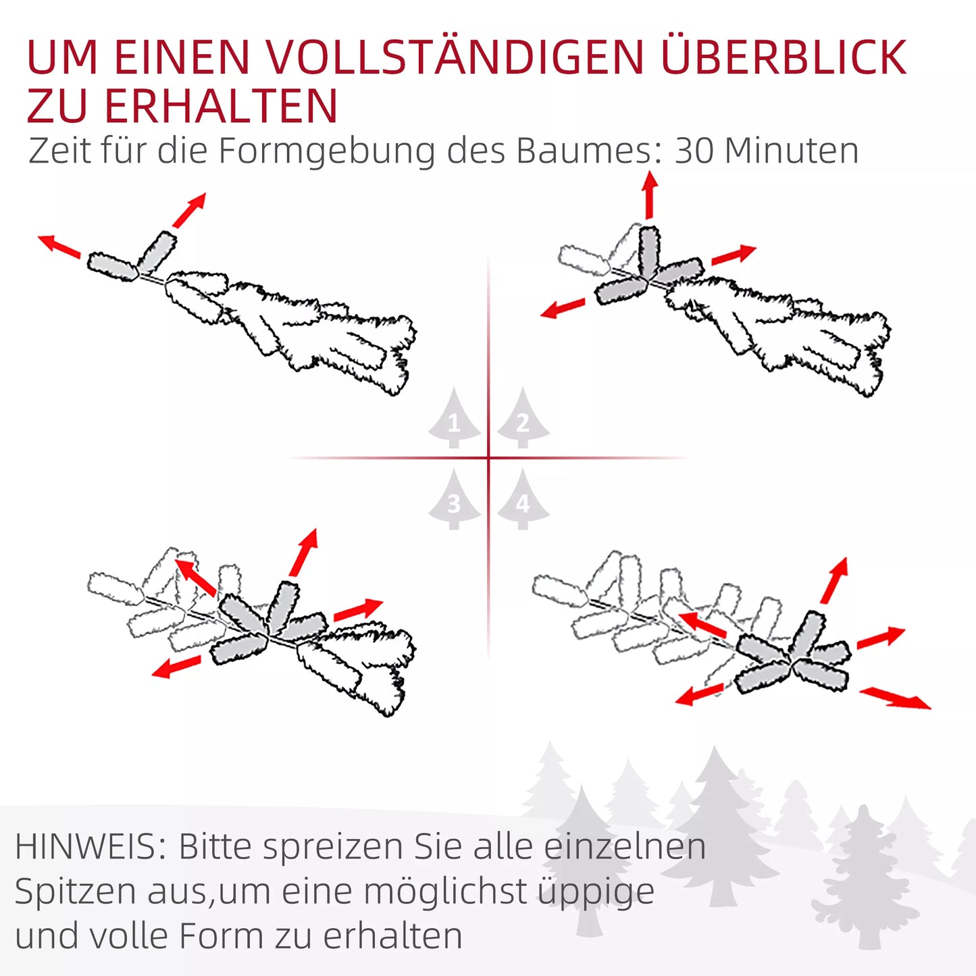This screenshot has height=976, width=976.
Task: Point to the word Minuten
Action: pyautogui.click(x=792, y=151)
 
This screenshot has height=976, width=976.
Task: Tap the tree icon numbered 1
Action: pyautogui.click(x=454, y=418)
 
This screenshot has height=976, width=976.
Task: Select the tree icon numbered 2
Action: pyautogui.click(x=523, y=418)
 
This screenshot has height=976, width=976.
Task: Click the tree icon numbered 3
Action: pyautogui.click(x=454, y=499)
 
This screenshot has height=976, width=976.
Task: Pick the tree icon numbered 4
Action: pyautogui.click(x=523, y=499)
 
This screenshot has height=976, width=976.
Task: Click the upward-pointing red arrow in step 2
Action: pyautogui.click(x=650, y=195)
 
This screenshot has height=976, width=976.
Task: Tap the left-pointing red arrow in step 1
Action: pyautogui.click(x=59, y=246)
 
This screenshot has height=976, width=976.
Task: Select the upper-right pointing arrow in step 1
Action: pyautogui.click(x=189, y=210)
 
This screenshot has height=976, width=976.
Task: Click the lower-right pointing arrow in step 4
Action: pyautogui.click(x=895, y=698)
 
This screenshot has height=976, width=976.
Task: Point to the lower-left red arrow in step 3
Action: pyautogui.click(x=176, y=666)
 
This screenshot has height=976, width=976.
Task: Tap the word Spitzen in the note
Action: pyautogui.click(x=76, y=892)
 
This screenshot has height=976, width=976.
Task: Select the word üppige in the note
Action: pyautogui.click(x=596, y=892)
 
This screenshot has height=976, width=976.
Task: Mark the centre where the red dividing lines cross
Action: pyautogui.click(x=489, y=459)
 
